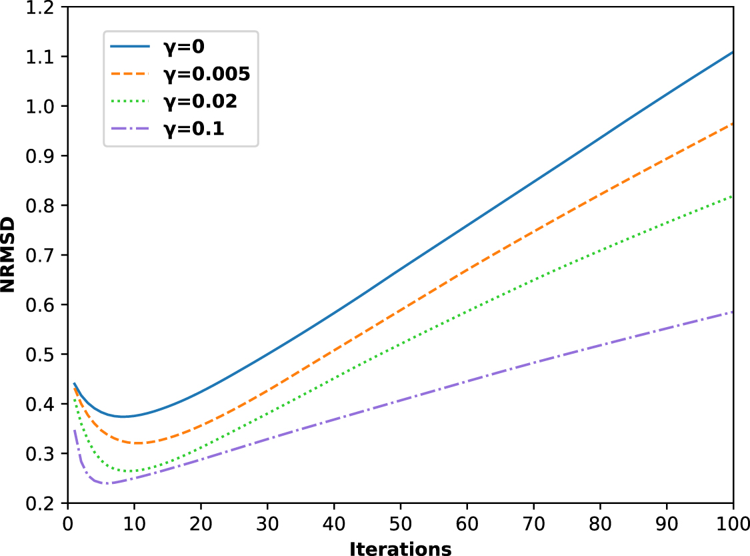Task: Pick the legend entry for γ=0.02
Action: [180, 102]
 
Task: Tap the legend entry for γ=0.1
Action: [180, 129]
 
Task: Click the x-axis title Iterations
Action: [400, 548]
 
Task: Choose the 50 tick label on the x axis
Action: [400, 522]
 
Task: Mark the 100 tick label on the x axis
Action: [732, 522]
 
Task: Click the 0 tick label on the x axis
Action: [67, 522]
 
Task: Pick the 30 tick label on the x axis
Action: [267, 522]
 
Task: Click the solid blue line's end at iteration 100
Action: [733, 52]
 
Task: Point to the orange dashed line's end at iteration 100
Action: [733, 123]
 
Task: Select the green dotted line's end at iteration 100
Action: [733, 196]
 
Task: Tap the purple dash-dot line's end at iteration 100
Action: [733, 312]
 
